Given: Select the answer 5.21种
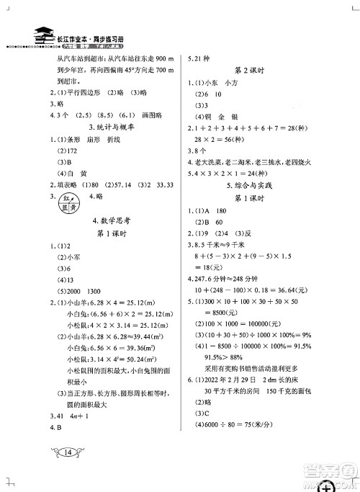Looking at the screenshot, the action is [200, 59].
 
